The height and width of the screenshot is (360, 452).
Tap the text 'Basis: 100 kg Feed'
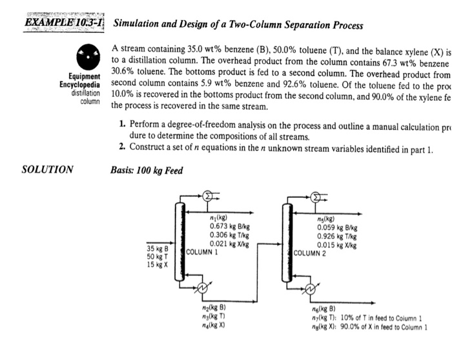pos(148,171)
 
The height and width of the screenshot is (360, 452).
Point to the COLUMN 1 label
pos(202,251)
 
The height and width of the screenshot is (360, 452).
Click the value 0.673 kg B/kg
pos(229,227)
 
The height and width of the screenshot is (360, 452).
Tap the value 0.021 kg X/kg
pos(229,244)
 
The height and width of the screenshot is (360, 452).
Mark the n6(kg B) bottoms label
pos(323,310)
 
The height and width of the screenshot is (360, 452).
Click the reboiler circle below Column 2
pos(311,289)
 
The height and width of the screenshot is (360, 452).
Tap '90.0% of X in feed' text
pos(384,327)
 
